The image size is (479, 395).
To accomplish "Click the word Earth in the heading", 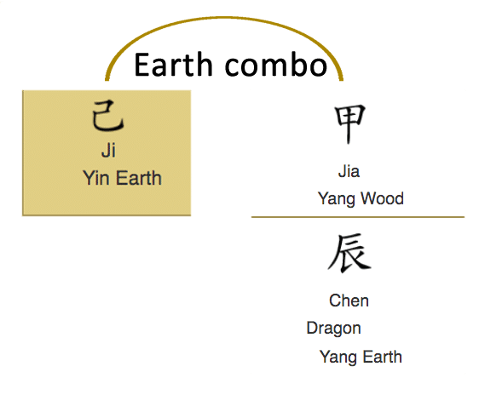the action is click(174, 65).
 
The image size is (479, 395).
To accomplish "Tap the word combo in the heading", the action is click(276, 65).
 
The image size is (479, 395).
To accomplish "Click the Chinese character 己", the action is click(107, 116).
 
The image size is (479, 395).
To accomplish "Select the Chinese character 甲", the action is click(350, 123).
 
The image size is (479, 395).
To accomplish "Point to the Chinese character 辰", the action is click(349, 253).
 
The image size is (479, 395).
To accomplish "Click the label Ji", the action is click(108, 151).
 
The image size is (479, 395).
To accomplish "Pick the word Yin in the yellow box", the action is click(96, 178).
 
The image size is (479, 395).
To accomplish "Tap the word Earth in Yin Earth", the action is click(139, 178).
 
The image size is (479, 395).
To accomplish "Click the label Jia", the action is click(349, 171).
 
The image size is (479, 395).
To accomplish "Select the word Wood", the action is click(382, 198).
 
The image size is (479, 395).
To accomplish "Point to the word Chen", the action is click(349, 301).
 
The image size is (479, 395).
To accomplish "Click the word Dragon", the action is click(333, 329).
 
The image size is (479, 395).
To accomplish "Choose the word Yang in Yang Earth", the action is click(338, 358).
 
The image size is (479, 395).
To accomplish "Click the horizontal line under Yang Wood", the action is click(358, 217).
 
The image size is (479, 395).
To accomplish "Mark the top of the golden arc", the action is click(224, 18).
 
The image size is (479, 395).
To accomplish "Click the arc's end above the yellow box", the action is click(107, 80).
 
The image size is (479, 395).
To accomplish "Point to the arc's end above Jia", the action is click(342, 80).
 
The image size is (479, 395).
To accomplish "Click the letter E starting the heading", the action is click(141, 65).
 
